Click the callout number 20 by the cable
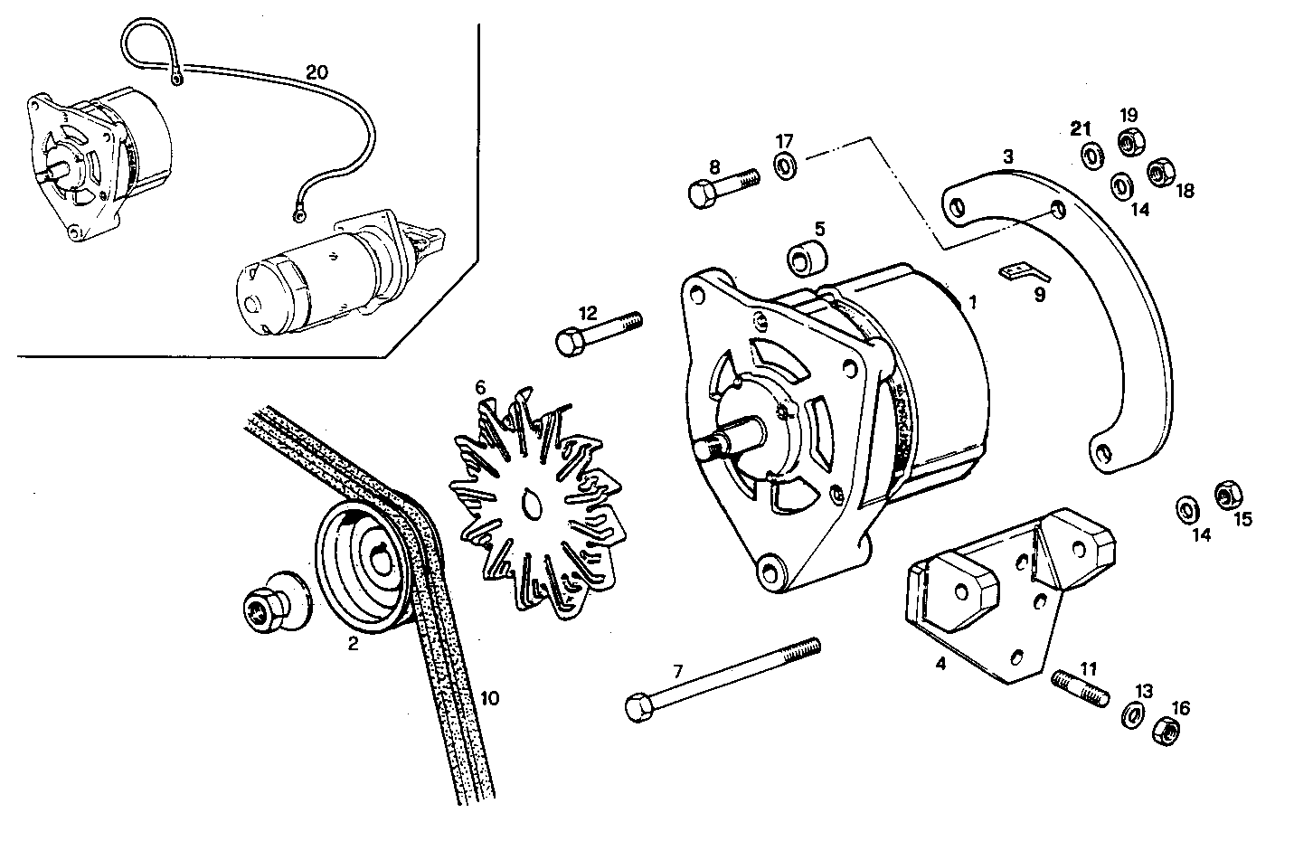(316, 73)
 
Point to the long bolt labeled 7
(723, 676)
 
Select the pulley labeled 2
(366, 565)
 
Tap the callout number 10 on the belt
(489, 698)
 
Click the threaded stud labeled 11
(1081, 689)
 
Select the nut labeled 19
(1129, 141)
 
